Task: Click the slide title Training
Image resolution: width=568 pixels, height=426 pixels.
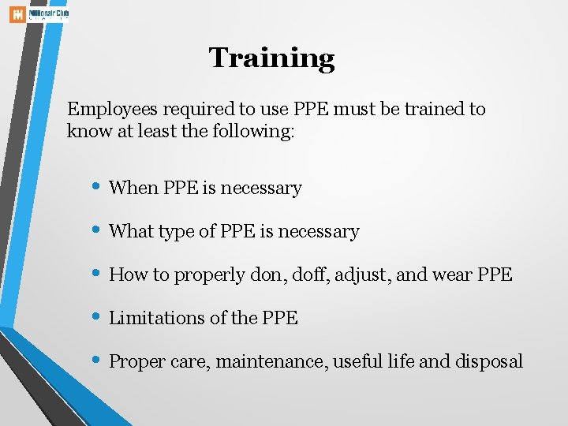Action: pos(271,58)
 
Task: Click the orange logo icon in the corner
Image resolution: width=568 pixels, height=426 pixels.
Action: pos(17,15)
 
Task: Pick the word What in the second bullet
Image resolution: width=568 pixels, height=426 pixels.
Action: pos(133,231)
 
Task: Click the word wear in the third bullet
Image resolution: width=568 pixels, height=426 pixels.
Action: pos(451,275)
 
